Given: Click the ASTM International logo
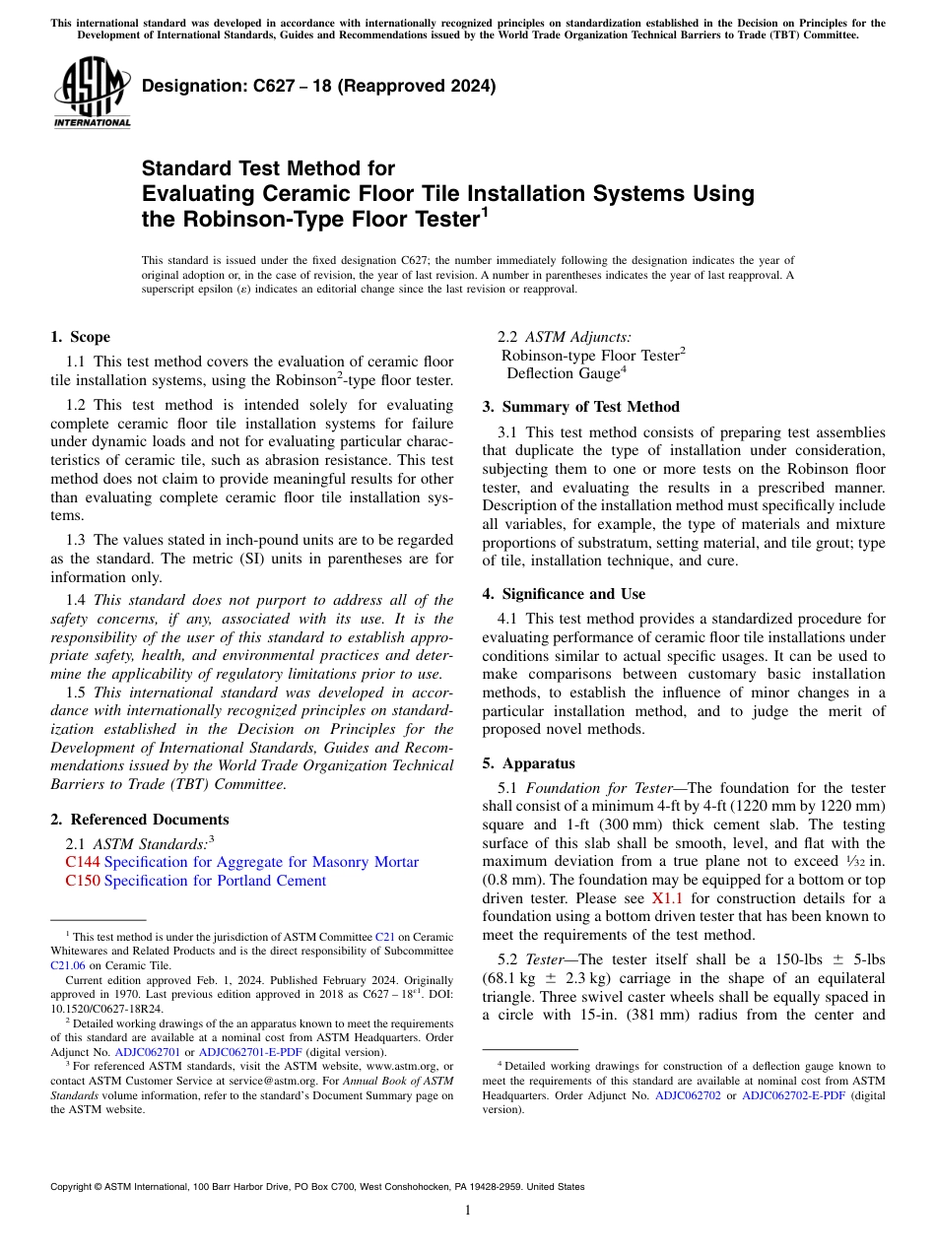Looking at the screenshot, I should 92,94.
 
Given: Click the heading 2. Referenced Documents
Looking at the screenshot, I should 140,820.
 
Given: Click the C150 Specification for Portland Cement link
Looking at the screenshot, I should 195,881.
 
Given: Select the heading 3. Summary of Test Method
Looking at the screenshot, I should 580,407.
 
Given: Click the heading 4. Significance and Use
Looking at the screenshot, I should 564,594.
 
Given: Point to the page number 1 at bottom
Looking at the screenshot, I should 467,1210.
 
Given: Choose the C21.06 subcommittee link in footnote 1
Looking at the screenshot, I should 68,966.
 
